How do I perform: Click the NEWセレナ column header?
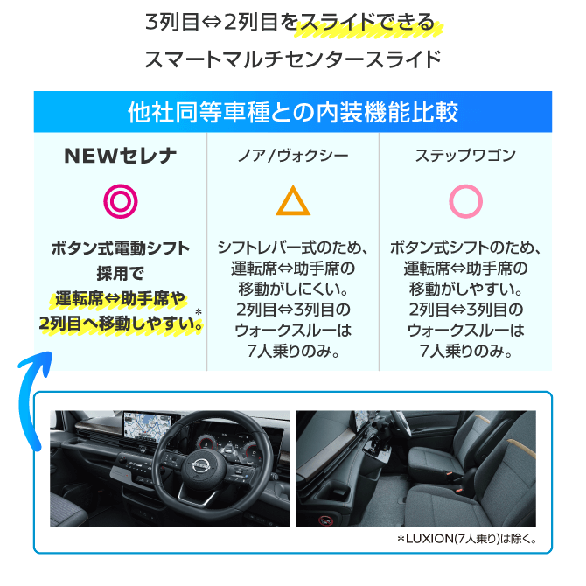point(120,156)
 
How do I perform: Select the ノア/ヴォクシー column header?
point(293,156)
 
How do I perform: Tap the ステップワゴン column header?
point(465,156)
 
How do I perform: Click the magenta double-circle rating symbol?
point(121,201)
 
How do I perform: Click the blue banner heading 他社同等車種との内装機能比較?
point(293,112)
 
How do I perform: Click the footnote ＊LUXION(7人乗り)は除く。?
point(468,539)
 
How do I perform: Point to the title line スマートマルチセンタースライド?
point(293,59)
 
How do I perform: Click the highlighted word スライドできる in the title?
point(367,23)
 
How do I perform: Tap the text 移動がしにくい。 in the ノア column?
point(293,289)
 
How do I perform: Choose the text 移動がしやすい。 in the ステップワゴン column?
point(465,289)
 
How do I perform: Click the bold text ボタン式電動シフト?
point(121,248)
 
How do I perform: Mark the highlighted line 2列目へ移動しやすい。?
point(121,324)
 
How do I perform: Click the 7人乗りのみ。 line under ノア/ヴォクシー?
point(293,351)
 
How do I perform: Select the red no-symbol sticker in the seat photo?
point(324,520)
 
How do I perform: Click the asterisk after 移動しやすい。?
point(199,311)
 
